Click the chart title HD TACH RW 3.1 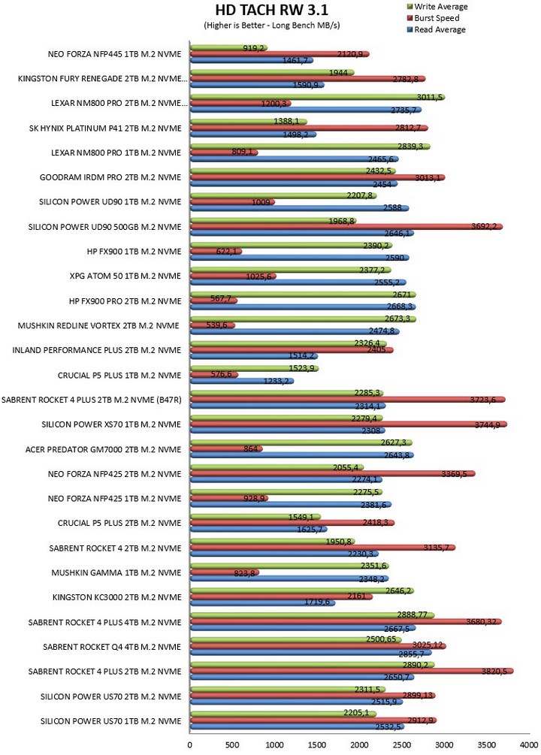point(271,10)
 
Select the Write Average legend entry point(437,7)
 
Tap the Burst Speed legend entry point(433,18)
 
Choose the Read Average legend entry point(437,30)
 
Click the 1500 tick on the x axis point(317,745)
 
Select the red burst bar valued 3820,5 point(352,671)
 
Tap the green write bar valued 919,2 point(229,47)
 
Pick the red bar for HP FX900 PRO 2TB point(214,301)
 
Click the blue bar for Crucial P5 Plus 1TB point(242,382)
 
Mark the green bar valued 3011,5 point(318,97)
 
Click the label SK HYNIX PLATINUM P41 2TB point(105,128)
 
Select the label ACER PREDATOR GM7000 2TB point(104,450)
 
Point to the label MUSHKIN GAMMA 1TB point(116,573)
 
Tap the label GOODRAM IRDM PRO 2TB point(110,178)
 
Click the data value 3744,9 point(487,425)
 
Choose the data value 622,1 point(226,252)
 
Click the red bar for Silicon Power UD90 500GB point(346,227)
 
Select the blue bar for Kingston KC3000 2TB point(262,602)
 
